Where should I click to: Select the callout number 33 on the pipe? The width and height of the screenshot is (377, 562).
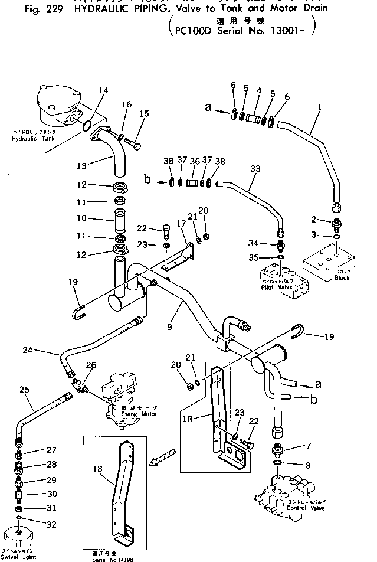255,168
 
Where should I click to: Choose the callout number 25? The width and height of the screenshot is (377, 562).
24,390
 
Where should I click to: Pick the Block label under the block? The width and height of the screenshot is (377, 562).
342,277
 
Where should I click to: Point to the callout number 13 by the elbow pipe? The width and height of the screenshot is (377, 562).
81,165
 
